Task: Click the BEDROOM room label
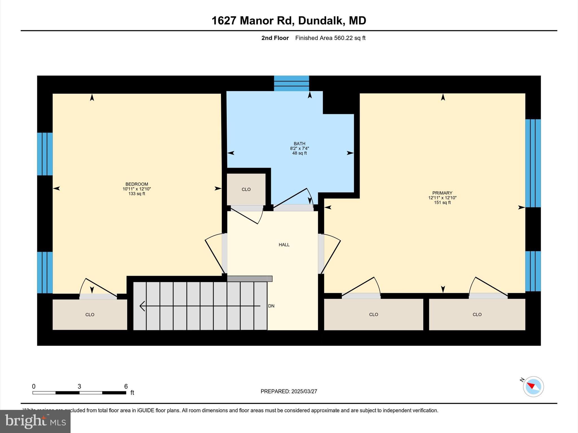137,184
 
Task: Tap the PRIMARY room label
442,193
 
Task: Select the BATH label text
299,144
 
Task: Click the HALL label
284,245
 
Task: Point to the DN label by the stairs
271,306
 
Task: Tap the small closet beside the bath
246,189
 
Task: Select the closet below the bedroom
90,314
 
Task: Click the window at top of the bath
291,83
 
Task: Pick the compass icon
533,386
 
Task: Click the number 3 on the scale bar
79,386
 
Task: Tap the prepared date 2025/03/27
304,391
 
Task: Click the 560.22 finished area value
343,38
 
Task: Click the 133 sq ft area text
137,194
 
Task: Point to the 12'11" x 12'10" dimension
442,198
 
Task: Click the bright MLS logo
35,421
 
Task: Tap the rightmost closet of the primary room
477,314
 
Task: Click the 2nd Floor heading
275,38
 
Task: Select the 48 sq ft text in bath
299,153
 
